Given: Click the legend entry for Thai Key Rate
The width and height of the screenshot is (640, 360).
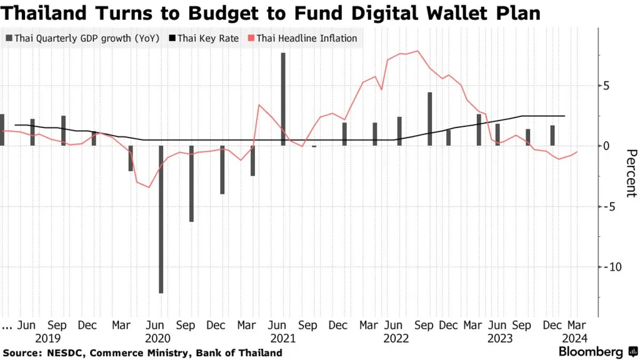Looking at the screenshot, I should click(204, 38).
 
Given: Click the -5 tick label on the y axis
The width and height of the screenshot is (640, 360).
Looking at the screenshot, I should click(609, 206).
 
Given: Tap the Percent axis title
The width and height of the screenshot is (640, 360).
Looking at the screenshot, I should click(631, 173).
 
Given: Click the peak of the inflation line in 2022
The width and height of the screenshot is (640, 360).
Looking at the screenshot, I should click(417, 51).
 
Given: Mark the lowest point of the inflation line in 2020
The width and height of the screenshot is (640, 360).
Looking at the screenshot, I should click(149, 187).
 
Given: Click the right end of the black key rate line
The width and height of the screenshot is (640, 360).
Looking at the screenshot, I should click(565, 116).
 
